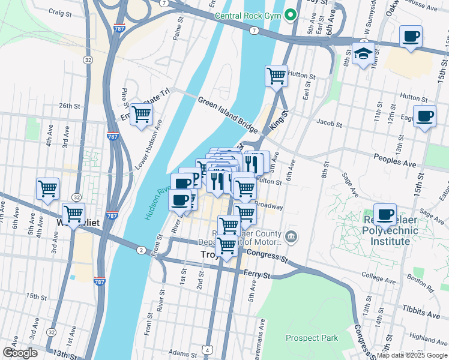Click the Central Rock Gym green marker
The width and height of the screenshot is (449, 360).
click(x=291, y=14)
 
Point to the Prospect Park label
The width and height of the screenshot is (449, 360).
click(x=312, y=338)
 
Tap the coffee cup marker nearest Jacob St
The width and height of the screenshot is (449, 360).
click(x=425, y=116)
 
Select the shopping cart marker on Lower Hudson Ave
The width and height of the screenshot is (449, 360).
click(x=141, y=113)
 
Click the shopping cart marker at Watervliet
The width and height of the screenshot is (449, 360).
click(x=73, y=214)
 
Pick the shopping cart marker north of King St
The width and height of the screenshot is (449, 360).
click(x=276, y=76)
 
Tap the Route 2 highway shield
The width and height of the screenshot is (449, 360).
click(x=140, y=250)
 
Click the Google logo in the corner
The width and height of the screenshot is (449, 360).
click(x=20, y=353)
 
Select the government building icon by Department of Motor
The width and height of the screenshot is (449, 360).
click(x=291, y=235)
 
